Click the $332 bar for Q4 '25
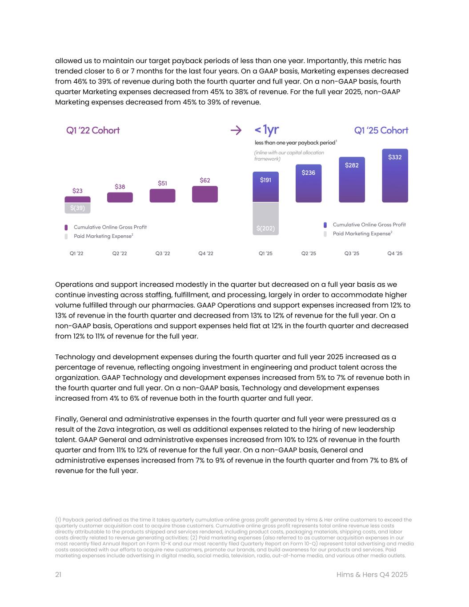(x=395, y=176)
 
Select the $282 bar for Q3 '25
(x=352, y=180)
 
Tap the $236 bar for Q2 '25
(x=309, y=183)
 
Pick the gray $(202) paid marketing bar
(x=265, y=218)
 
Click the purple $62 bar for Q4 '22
(x=205, y=194)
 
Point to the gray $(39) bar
(x=77, y=208)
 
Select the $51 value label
(x=162, y=183)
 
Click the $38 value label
(x=120, y=187)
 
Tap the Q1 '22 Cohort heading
(x=93, y=130)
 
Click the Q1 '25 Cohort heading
(x=381, y=130)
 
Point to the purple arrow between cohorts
(x=236, y=130)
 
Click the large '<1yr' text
(x=266, y=130)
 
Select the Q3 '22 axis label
(x=162, y=253)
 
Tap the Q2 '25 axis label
(x=309, y=253)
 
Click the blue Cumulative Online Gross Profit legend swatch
(x=325, y=225)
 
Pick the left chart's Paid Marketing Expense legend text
(x=104, y=236)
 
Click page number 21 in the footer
(x=58, y=575)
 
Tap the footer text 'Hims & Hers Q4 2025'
(x=372, y=575)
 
